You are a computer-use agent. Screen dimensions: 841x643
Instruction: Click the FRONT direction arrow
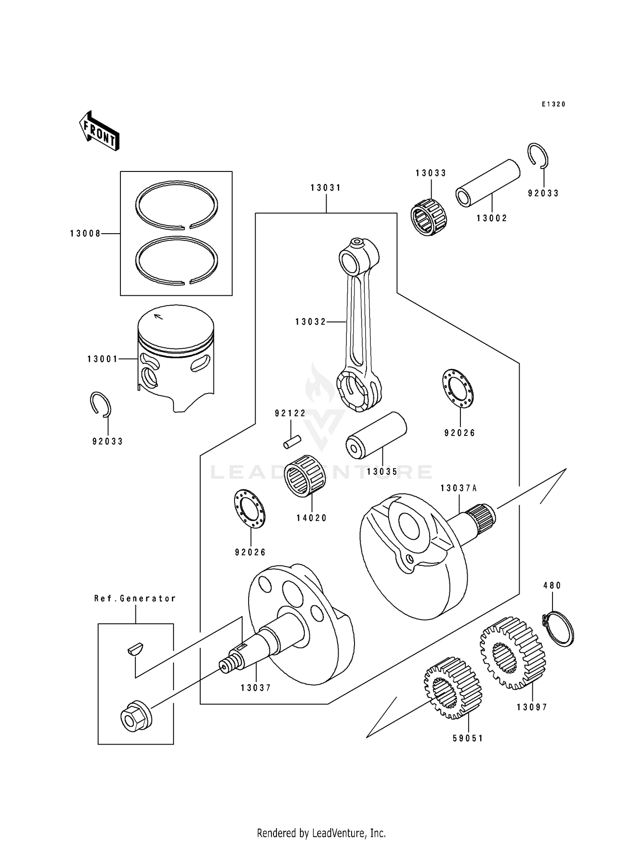99,131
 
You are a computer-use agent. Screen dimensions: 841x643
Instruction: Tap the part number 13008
85,234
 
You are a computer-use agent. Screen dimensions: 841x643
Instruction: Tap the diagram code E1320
553,104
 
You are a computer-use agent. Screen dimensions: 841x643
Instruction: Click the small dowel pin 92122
292,442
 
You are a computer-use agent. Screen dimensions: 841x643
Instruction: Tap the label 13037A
459,488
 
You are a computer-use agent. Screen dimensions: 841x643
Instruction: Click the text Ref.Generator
135,598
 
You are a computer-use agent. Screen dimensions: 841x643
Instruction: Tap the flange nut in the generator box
134,718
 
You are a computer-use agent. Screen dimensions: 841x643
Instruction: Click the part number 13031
326,188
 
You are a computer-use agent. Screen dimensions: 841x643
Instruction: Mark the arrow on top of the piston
158,317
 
